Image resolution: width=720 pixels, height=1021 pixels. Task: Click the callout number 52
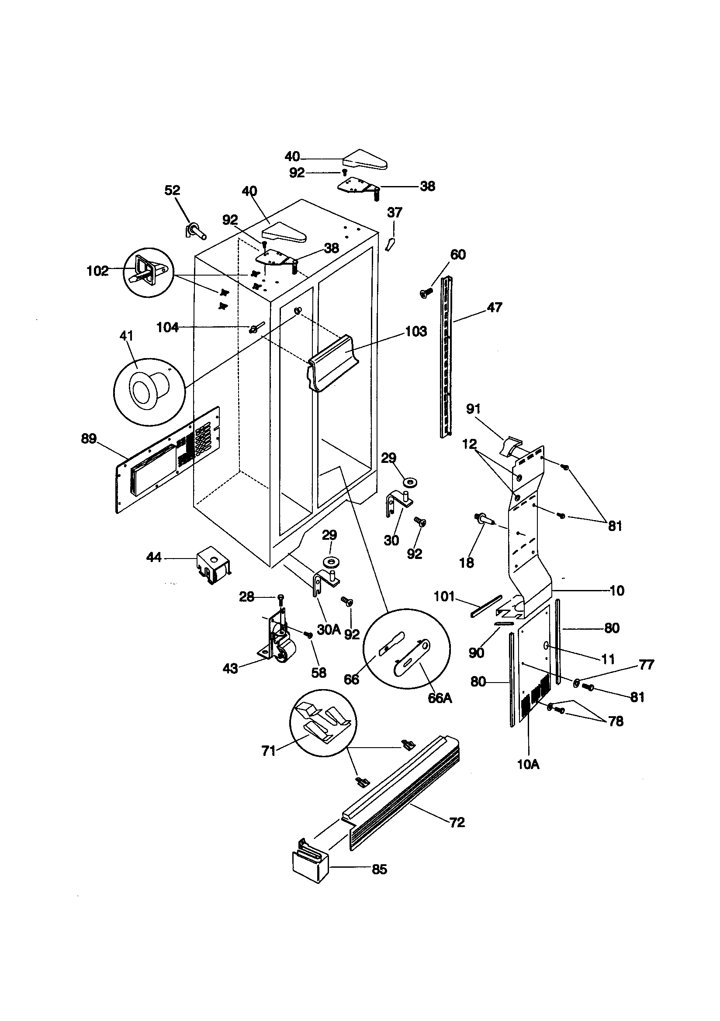(172, 190)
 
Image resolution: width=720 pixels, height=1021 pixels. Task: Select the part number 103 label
(415, 331)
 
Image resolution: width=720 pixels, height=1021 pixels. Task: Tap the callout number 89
(89, 438)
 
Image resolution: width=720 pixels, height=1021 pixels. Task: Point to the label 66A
(440, 698)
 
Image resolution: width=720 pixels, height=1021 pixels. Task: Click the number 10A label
(528, 764)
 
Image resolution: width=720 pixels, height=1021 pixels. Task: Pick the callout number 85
(379, 869)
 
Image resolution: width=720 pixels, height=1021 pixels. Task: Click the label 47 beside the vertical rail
(495, 307)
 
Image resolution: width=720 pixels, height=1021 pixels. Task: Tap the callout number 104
(167, 328)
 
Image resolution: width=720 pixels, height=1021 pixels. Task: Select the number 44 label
(154, 557)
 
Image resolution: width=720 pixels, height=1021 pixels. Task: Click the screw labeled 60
(426, 292)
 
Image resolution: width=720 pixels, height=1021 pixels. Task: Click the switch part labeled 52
(194, 230)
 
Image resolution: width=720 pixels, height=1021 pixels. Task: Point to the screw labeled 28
(280, 599)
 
